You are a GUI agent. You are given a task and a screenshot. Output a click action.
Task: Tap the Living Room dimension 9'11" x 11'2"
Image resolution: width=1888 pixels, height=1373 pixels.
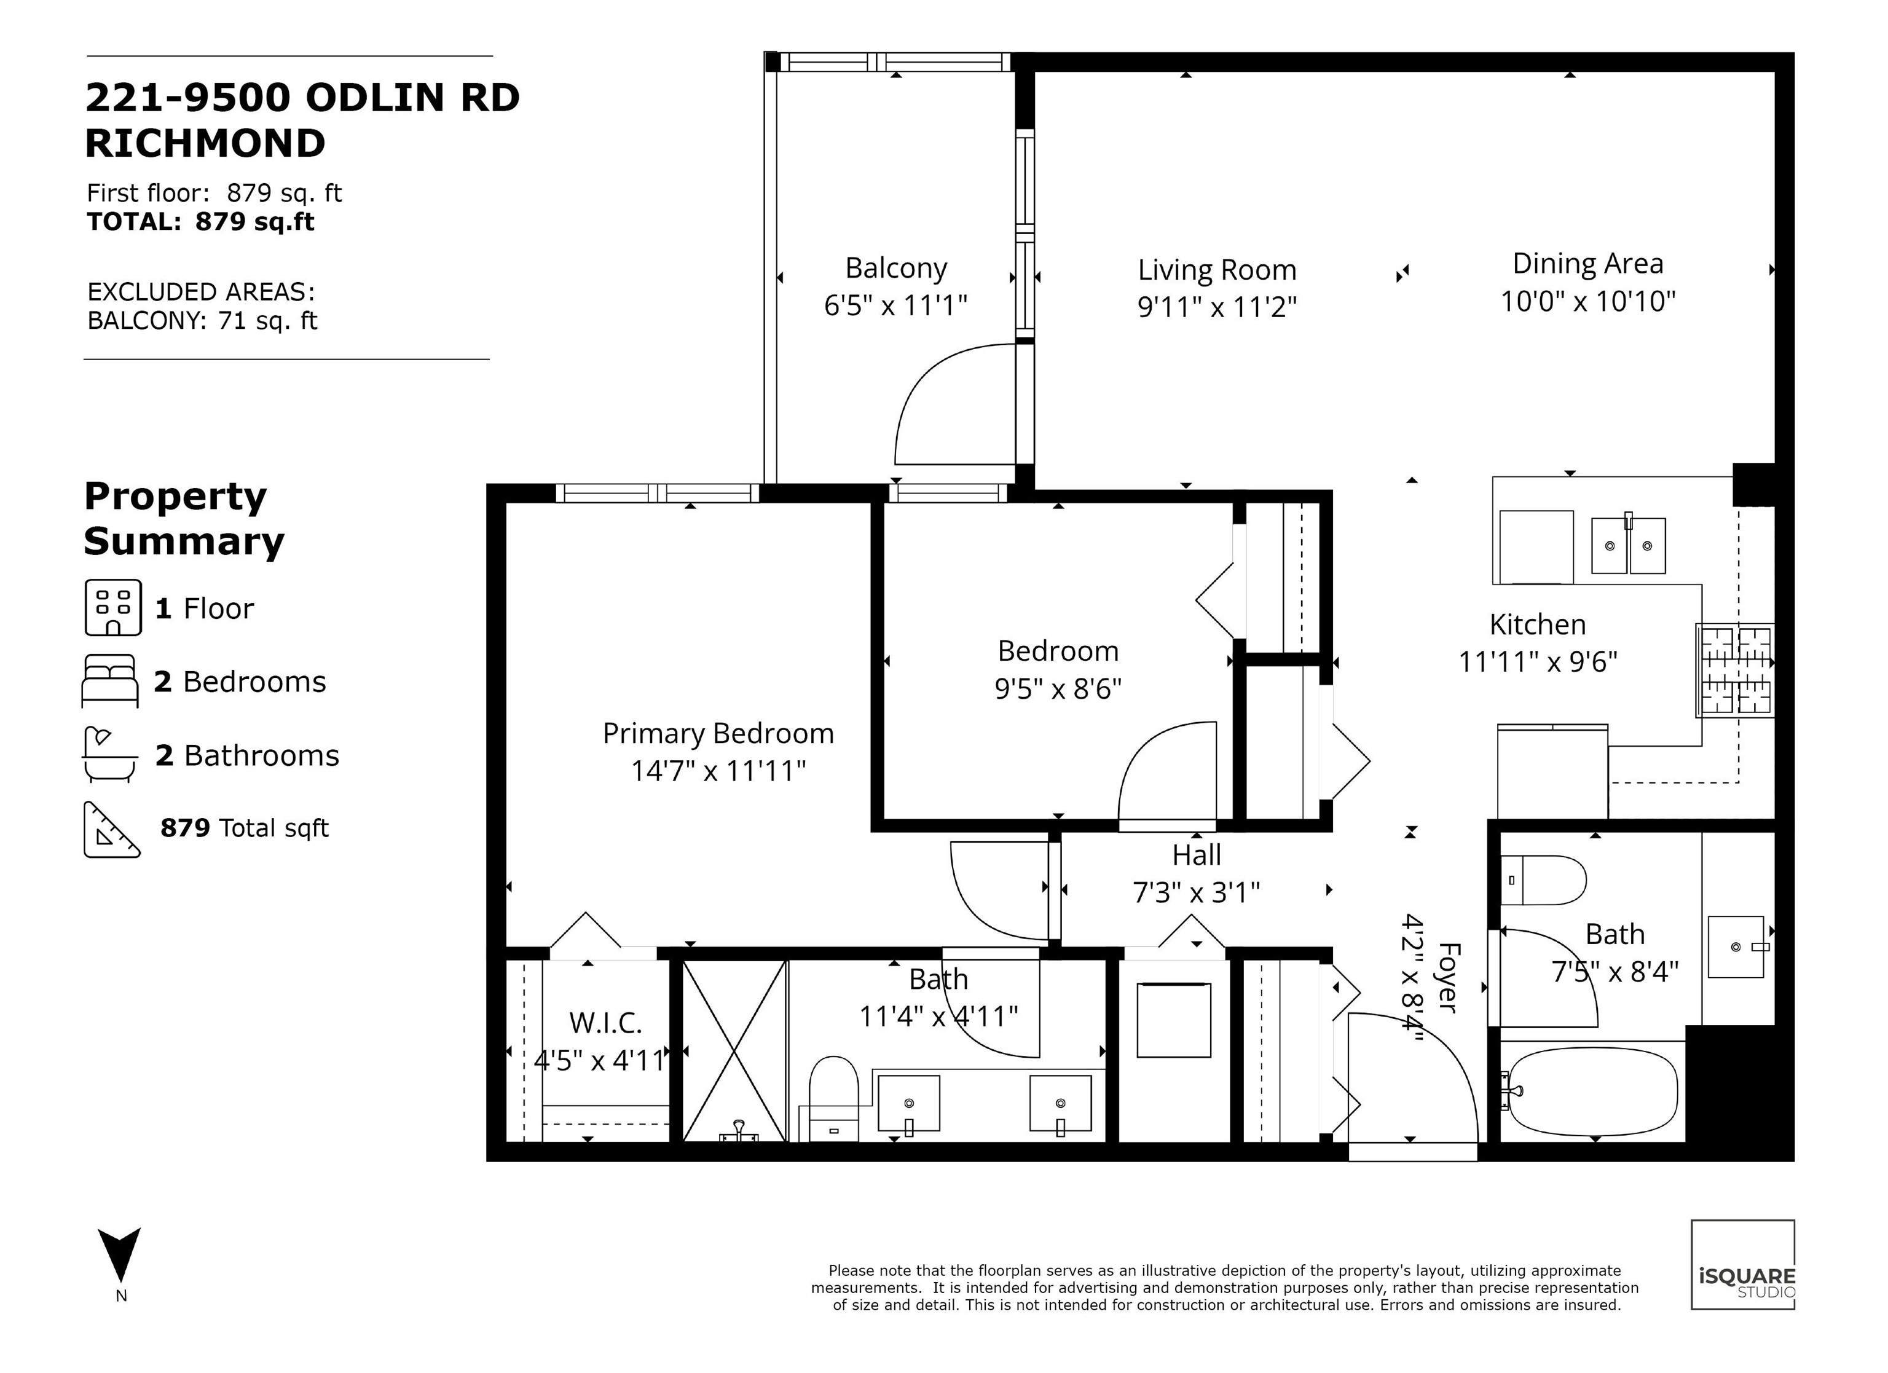click(1217, 307)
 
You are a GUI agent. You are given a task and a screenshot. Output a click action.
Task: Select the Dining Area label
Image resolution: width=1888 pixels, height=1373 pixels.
click(1587, 264)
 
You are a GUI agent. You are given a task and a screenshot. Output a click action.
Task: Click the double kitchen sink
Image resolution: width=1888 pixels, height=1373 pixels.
click(1628, 545)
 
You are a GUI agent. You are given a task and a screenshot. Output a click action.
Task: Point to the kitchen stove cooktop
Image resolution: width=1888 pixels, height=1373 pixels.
click(1736, 671)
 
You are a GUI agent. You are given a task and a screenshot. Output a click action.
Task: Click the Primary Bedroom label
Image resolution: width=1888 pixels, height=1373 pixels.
click(718, 734)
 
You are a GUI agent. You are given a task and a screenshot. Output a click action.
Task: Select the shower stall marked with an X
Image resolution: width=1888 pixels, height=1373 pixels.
click(734, 1051)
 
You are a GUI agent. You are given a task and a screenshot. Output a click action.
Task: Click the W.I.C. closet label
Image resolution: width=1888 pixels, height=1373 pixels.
click(605, 1023)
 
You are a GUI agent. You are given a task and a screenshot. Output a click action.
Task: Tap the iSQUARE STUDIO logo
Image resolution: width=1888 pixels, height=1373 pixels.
click(1743, 1265)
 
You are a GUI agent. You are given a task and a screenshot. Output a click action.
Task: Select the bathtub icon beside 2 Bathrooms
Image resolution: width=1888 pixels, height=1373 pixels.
click(110, 754)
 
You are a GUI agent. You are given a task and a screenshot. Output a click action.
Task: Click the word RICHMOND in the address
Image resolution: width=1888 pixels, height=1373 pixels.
click(205, 143)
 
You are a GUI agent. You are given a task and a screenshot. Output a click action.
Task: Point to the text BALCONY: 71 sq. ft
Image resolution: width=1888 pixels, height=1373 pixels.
click(202, 321)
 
